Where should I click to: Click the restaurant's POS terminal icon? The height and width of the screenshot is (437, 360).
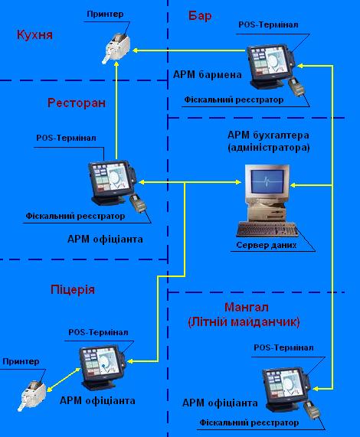[110, 181]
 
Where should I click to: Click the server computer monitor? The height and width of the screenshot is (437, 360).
[265, 184]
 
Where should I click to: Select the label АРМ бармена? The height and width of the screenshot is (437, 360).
[208, 75]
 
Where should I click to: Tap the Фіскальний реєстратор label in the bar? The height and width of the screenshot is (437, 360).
[234, 99]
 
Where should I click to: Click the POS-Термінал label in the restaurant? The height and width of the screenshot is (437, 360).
[66, 138]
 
